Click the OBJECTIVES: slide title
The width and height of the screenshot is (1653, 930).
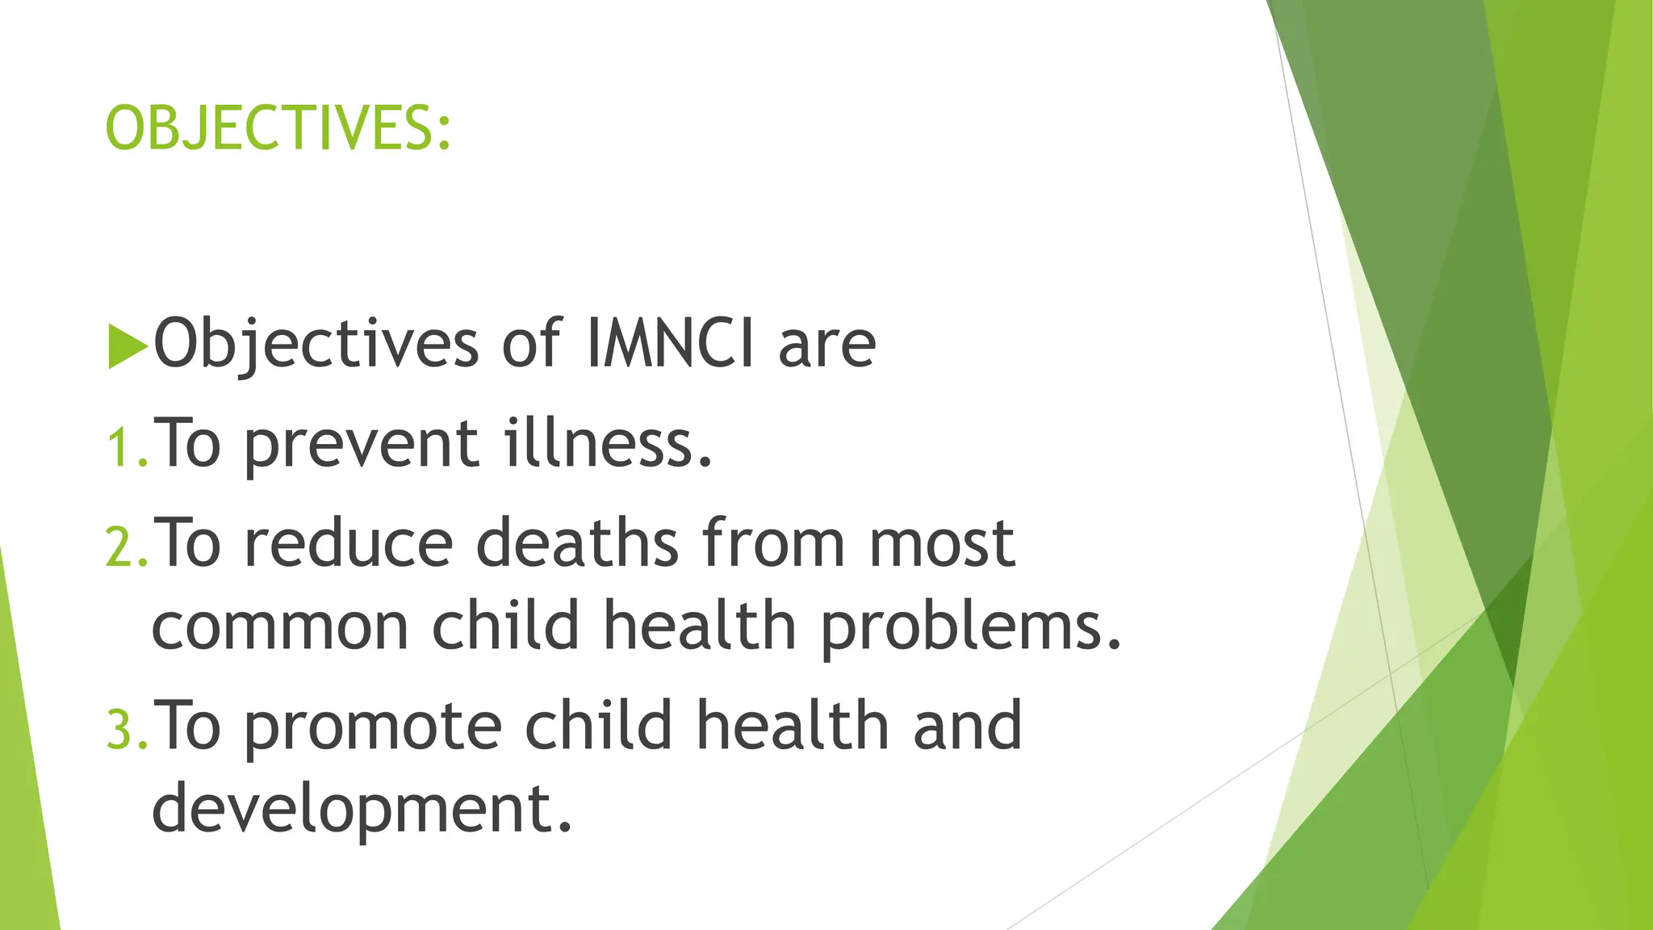pyautogui.click(x=278, y=129)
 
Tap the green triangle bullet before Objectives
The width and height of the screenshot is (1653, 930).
pyautogui.click(x=127, y=346)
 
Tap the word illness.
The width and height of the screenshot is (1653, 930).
pyautogui.click(x=609, y=444)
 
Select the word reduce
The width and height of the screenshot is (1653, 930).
pyautogui.click(x=349, y=544)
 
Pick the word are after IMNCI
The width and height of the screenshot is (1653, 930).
pyautogui.click(x=826, y=346)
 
